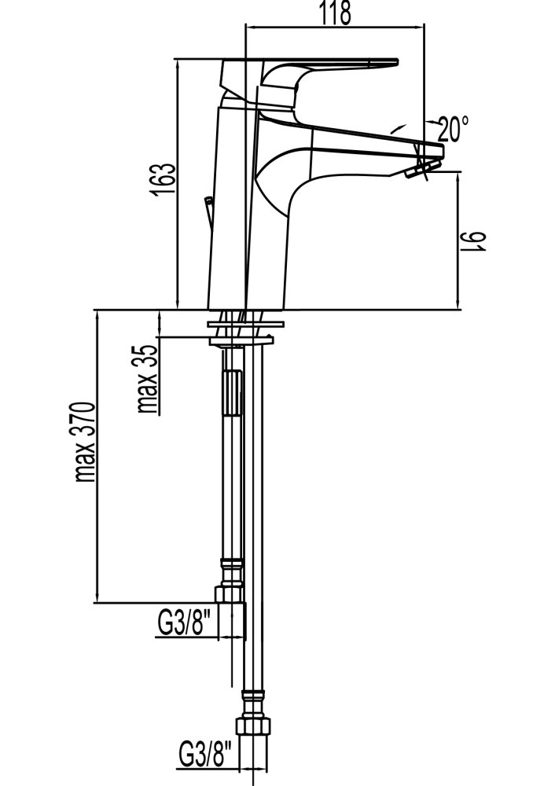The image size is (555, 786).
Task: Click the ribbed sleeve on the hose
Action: pyautogui.click(x=231, y=394)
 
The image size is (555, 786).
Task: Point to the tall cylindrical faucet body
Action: pyautogui.click(x=230, y=212)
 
